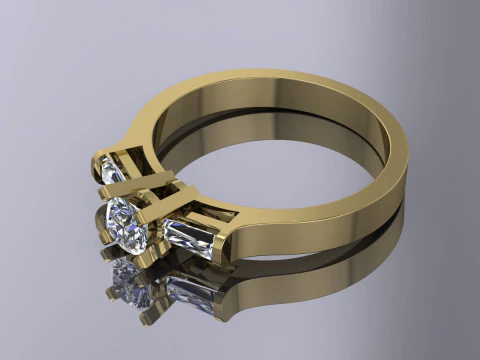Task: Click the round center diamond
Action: [x=128, y=225]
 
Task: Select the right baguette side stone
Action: [x=189, y=238]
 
